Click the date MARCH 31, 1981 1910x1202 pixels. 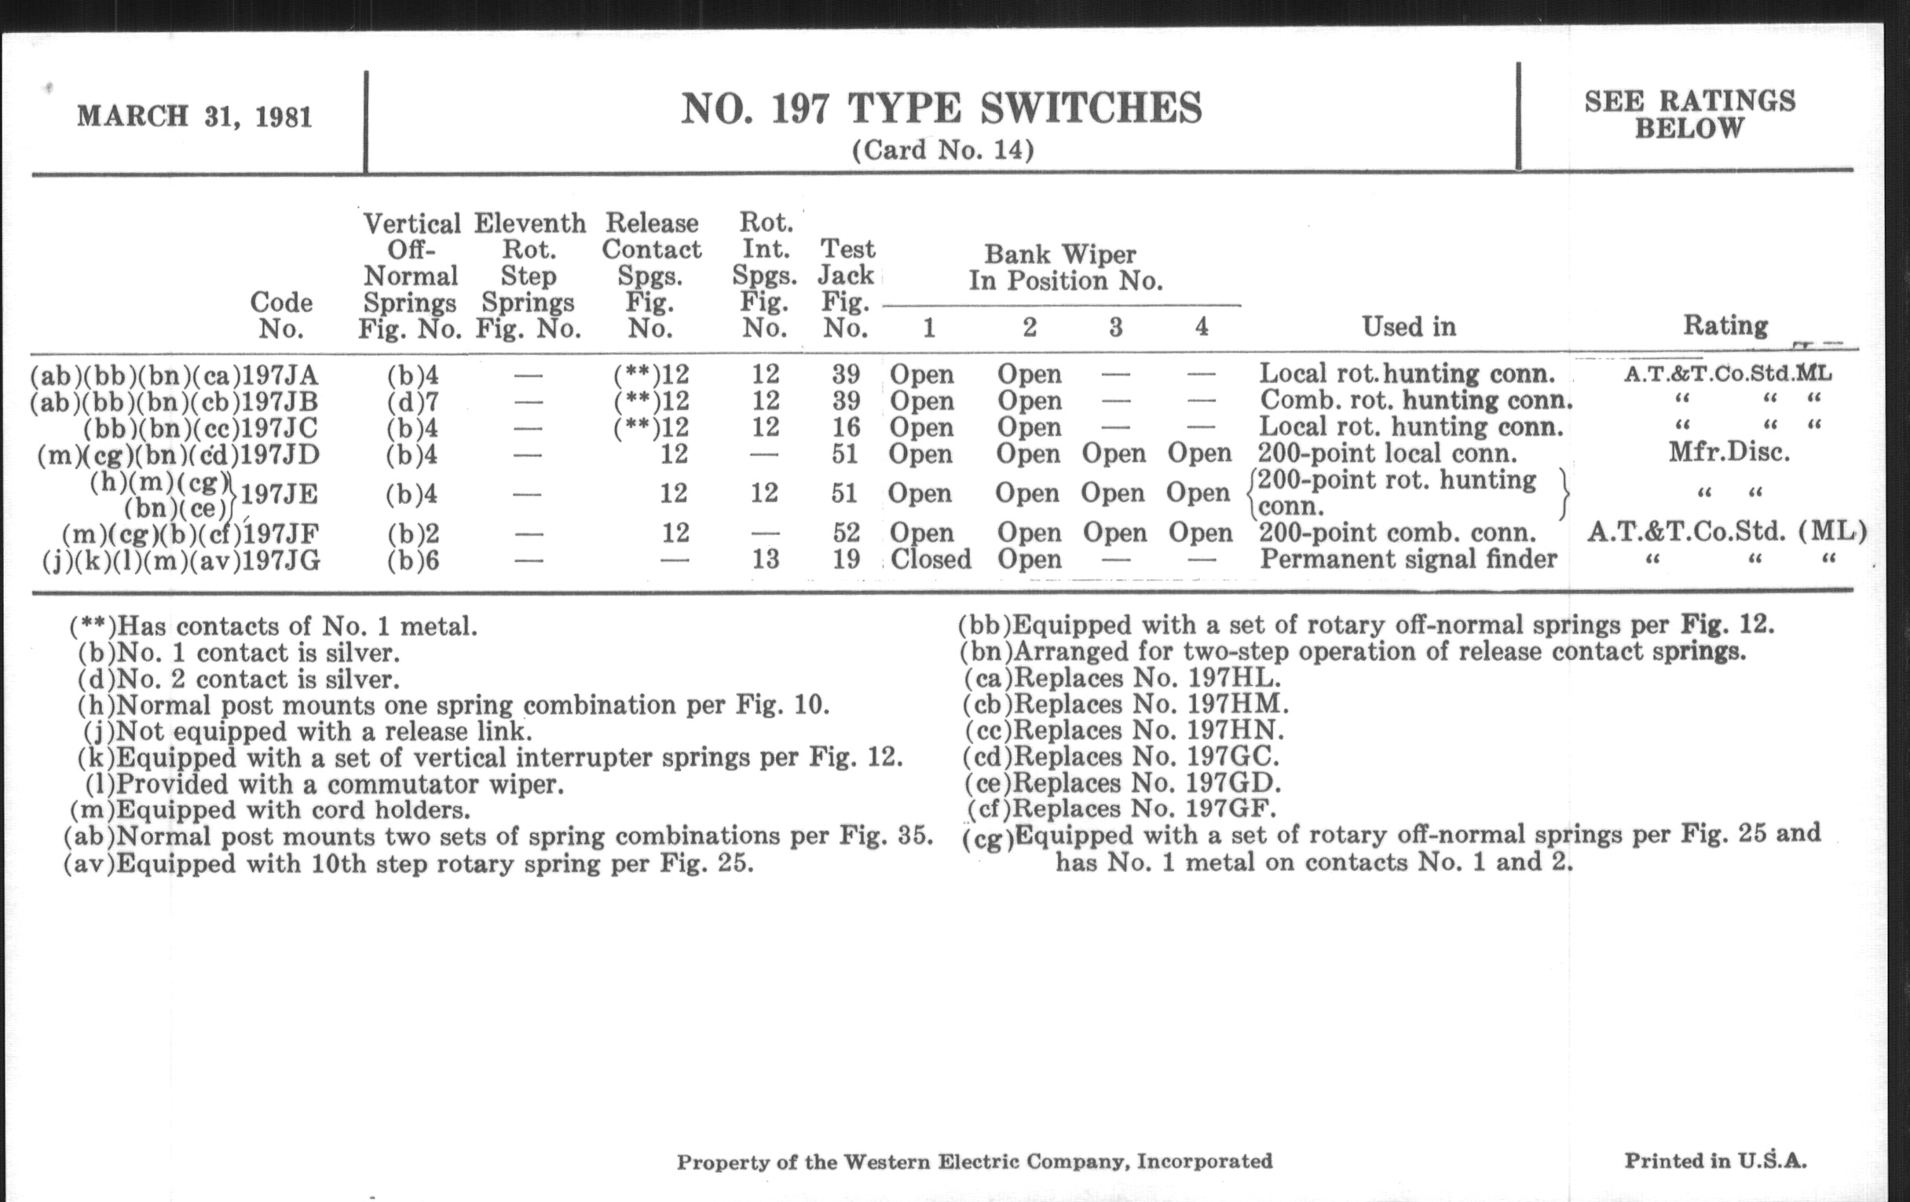tap(194, 117)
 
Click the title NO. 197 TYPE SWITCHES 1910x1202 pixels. tap(942, 108)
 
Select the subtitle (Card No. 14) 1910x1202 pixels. tap(942, 150)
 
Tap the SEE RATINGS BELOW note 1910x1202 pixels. tap(1689, 114)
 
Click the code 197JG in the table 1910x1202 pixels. tap(281, 561)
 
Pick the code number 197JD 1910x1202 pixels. tap(280, 455)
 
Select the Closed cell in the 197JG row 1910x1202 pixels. tap(931, 559)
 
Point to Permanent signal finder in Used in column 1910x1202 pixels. tap(1408, 559)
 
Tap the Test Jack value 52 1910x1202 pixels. tap(847, 533)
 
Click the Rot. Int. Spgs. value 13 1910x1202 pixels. tap(765, 559)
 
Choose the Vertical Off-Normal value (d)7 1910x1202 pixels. tap(412, 401)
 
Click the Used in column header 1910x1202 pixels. tap(1409, 327)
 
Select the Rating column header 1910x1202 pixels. tap(1725, 326)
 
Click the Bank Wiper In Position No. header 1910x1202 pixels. tap(1063, 267)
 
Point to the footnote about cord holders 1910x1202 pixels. tap(270, 810)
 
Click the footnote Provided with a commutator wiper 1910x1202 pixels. tap(325, 784)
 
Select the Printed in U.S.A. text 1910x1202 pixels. tap(1715, 1160)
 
